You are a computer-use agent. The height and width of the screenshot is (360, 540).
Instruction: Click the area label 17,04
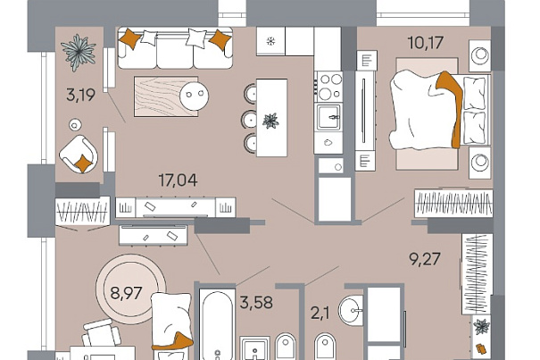click(178, 180)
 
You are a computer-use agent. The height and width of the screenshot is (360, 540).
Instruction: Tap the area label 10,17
click(426, 43)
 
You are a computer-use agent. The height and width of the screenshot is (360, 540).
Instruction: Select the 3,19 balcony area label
click(80, 95)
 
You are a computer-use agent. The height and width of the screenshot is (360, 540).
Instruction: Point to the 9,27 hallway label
click(425, 259)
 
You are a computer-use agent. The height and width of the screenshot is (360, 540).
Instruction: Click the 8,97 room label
click(126, 293)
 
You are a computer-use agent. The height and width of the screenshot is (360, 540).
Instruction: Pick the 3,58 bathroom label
click(256, 303)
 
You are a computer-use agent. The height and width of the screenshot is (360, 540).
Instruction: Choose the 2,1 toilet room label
click(320, 314)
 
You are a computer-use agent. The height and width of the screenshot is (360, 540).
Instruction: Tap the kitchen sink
click(328, 117)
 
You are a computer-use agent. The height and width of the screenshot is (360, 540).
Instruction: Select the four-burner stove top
click(329, 86)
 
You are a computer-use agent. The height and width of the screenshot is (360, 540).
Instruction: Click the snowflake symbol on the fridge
click(271, 42)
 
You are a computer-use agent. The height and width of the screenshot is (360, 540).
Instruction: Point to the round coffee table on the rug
click(195, 96)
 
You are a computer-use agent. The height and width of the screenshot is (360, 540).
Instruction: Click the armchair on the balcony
click(79, 154)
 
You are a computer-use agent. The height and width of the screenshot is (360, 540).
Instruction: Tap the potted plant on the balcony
click(79, 52)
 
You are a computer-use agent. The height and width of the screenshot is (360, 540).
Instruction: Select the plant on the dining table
click(270, 121)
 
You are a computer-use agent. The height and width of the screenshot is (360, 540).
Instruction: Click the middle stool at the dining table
click(249, 120)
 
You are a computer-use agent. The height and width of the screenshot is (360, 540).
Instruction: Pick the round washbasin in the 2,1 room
click(351, 310)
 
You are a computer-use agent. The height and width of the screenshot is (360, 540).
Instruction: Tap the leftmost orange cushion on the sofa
click(129, 38)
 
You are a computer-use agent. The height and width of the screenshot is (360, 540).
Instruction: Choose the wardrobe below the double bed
click(453, 203)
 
